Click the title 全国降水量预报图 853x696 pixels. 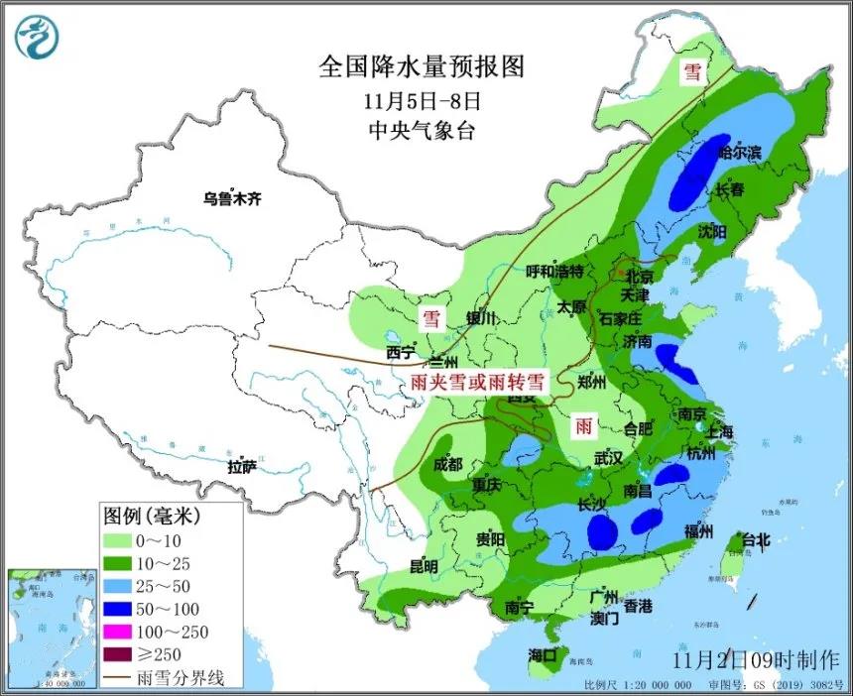click(x=421, y=66)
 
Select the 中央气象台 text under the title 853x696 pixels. click(x=421, y=130)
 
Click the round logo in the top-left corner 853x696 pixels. click(x=38, y=36)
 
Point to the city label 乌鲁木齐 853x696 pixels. click(x=231, y=199)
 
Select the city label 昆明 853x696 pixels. click(x=424, y=567)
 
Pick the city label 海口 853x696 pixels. click(x=544, y=655)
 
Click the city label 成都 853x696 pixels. click(x=447, y=464)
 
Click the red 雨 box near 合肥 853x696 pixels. click(x=584, y=427)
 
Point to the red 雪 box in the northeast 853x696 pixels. click(x=690, y=72)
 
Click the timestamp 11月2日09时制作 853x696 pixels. click(x=755, y=659)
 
